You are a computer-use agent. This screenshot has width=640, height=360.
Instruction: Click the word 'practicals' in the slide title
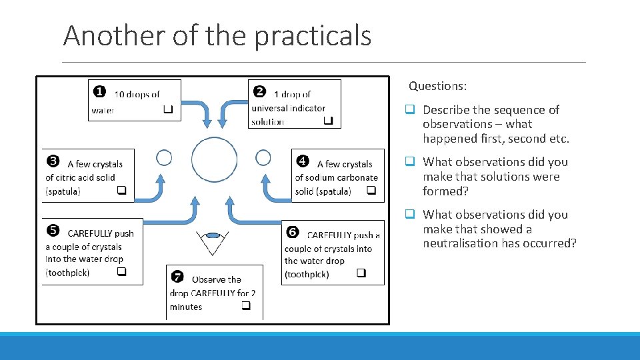[313, 35]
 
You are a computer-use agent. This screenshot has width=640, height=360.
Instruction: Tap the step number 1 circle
[98, 91]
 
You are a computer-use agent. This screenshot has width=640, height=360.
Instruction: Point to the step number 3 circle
[53, 161]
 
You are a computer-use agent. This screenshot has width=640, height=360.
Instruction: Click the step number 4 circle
[303, 161]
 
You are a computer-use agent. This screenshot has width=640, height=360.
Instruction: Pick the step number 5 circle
[53, 231]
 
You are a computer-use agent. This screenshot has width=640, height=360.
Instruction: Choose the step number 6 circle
[292, 232]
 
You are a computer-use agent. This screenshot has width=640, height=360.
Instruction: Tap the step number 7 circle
[177, 276]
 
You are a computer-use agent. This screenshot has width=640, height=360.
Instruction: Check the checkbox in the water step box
[168, 109]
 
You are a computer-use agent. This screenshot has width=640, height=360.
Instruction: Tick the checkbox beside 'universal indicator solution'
[328, 121]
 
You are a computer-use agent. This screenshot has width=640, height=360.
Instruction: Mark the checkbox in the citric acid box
[122, 191]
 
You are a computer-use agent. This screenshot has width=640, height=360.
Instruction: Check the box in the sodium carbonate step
[371, 191]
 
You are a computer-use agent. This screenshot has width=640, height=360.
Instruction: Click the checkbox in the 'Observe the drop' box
[246, 306]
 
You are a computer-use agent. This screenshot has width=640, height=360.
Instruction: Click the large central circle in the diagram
[214, 160]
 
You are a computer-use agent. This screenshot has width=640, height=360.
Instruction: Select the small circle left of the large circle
[164, 158]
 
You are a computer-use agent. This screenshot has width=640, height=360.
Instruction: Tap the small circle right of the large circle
[263, 158]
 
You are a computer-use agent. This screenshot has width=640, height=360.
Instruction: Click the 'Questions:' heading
[437, 86]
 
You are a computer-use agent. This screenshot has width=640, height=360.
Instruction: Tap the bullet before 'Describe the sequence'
[411, 110]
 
